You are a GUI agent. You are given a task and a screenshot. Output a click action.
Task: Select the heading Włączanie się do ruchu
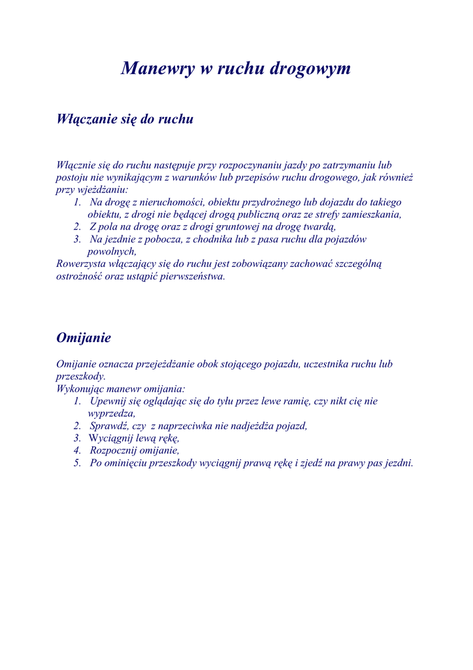[125, 120]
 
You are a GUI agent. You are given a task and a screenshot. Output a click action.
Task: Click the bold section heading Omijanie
[84, 338]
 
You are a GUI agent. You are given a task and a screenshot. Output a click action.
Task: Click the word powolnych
[112, 251]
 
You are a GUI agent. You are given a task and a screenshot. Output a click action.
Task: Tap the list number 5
[76, 463]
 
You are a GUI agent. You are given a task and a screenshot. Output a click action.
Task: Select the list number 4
[76, 450]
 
